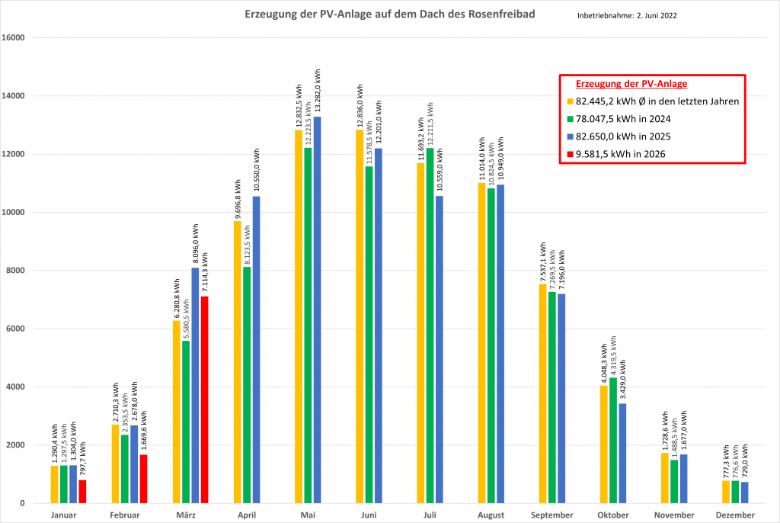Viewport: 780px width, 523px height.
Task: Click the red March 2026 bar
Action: [204, 399]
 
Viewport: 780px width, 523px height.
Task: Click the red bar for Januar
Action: [82, 491]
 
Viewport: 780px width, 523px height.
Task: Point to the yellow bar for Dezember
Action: [725, 492]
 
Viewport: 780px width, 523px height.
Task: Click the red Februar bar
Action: [143, 479]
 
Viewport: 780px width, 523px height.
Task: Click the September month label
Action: [552, 515]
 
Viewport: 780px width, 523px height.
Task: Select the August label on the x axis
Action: [491, 515]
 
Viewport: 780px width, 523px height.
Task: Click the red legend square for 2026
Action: [570, 155]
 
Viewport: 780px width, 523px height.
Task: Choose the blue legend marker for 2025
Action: [570, 136]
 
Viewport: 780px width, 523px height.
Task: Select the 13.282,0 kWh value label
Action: [318, 91]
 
